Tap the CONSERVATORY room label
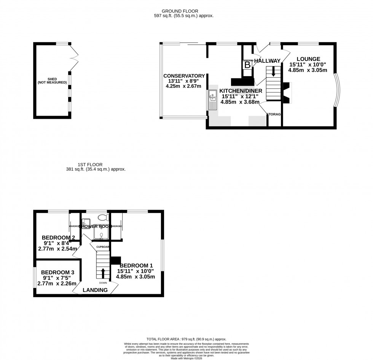tap(184, 76)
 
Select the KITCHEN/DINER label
tap(240, 91)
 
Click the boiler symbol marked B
tap(247, 65)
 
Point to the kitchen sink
tap(212, 100)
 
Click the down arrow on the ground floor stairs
tap(273, 72)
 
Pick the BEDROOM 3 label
tap(57, 272)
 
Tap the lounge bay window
tap(335, 90)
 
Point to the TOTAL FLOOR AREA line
tap(186, 339)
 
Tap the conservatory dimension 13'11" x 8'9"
tap(184, 81)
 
